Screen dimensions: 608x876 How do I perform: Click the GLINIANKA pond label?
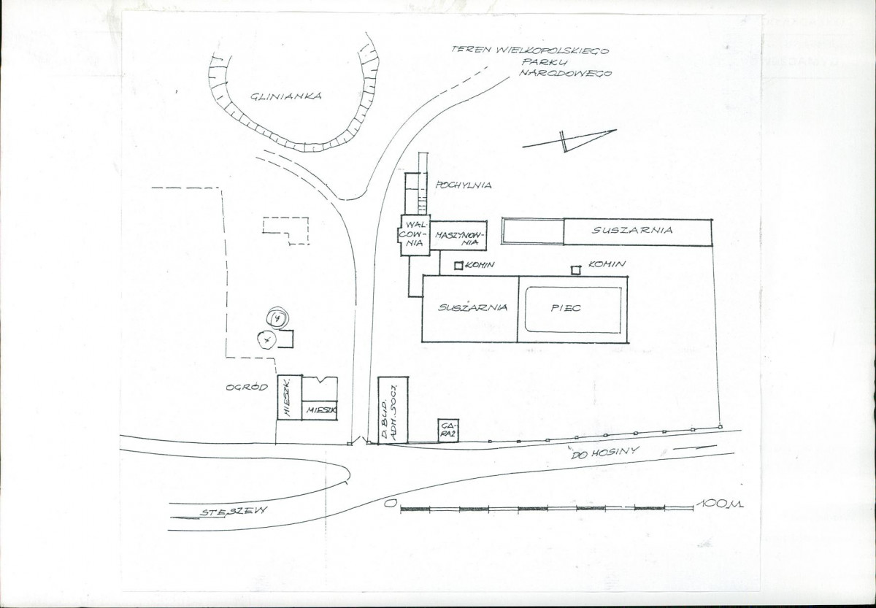285,96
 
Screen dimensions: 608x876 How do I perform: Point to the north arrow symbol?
569,139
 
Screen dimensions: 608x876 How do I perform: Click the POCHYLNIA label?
463,185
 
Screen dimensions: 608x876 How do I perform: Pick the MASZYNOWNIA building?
458,235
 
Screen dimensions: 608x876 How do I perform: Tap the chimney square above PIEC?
576,270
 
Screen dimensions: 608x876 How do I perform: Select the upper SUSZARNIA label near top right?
632,231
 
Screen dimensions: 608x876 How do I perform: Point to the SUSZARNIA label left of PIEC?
472,308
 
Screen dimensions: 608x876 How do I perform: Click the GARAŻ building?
448,431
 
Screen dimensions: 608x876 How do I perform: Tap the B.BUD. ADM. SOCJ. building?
393,410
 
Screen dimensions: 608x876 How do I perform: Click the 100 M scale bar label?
719,504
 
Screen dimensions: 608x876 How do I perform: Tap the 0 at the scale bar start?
391,504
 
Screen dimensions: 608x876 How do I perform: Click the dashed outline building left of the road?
286,229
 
